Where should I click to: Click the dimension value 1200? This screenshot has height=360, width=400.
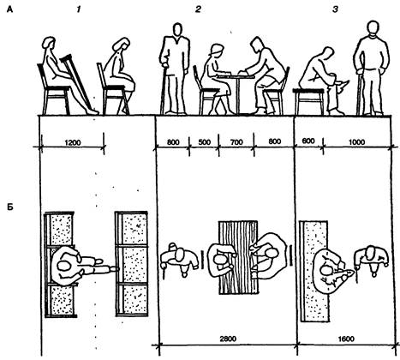point(73,142)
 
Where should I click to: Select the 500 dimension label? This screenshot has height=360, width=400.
point(204,142)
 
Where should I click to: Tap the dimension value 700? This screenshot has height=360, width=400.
point(236,142)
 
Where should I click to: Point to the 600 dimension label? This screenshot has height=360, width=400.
point(308,141)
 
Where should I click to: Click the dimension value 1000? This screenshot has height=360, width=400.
point(357,141)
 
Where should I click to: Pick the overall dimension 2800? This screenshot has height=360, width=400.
point(228,339)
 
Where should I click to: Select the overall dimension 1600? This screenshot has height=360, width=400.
point(346,339)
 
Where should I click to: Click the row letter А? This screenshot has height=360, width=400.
point(9,10)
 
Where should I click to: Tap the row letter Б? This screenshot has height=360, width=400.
point(10,207)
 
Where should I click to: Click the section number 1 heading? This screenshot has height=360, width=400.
point(78,9)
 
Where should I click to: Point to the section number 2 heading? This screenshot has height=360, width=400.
point(198,9)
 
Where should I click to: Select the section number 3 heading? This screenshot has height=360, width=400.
point(335,9)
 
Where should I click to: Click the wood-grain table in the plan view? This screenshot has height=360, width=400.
point(238,257)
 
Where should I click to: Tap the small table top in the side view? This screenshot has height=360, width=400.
point(236,76)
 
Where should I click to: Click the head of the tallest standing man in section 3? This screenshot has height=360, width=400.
point(373,28)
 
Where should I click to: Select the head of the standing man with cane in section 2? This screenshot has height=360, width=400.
point(177,30)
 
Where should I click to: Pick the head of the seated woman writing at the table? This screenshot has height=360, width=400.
point(217,51)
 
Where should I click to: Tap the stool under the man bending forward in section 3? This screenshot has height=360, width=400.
point(309,101)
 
